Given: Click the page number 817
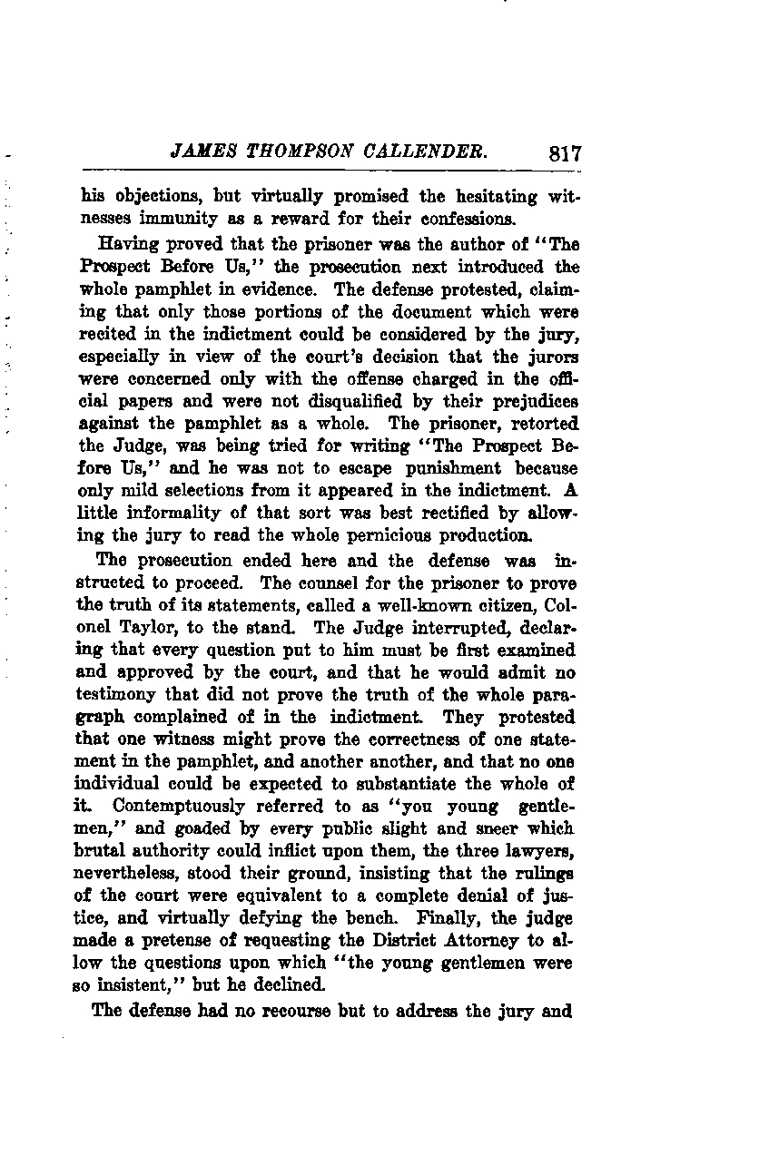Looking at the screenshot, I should [565, 153].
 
